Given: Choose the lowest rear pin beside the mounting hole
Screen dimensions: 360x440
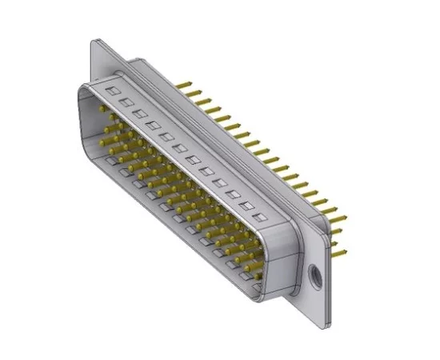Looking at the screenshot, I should (x=340, y=255).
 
